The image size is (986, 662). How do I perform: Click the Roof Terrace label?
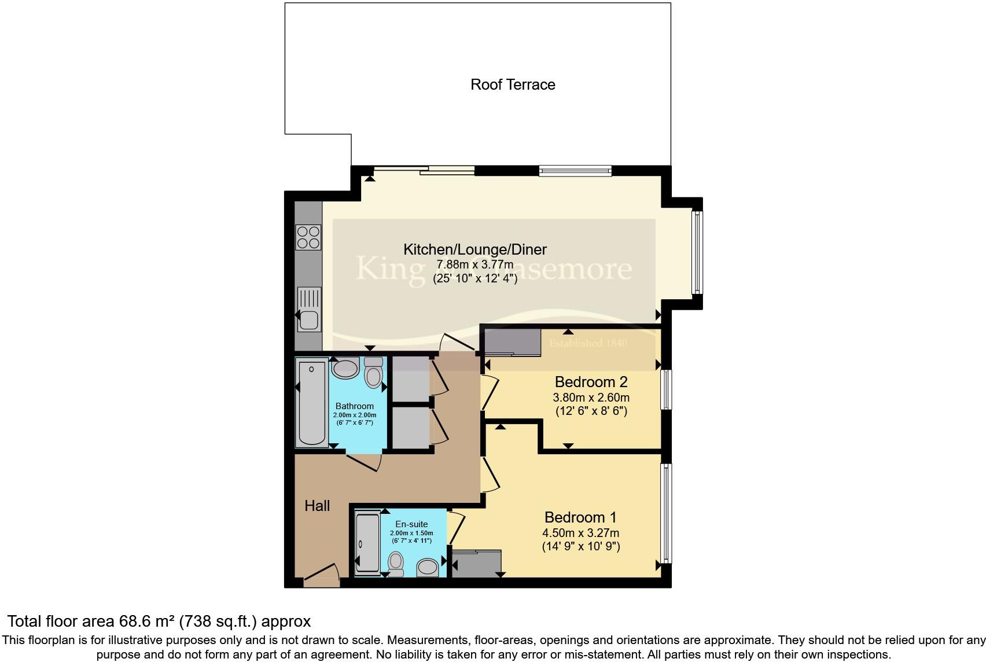tap(513, 84)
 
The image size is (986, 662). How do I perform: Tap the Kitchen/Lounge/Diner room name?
tap(474, 249)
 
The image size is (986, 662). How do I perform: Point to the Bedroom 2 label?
tap(591, 382)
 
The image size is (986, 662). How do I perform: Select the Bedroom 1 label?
tap(580, 517)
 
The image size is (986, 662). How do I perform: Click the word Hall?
tap(317, 506)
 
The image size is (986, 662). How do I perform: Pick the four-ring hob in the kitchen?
tap(308, 237)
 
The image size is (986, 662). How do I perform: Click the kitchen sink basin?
tap(308, 319)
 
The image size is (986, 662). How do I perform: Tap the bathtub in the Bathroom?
tap(311, 403)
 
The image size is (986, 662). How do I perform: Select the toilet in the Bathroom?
tap(373, 373)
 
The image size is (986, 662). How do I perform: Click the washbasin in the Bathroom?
tap(345, 368)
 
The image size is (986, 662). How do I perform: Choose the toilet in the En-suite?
tap(396, 563)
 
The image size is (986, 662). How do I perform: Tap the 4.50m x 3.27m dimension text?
tap(580, 532)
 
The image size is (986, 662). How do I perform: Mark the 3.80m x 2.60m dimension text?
tap(591, 398)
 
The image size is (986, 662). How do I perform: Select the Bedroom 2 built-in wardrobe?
tap(512, 341)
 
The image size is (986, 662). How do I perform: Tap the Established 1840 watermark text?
tap(588, 343)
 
